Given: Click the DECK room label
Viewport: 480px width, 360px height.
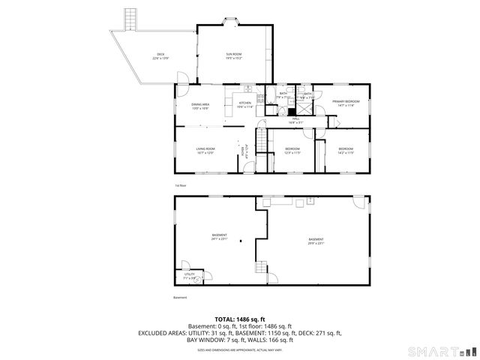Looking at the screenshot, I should coord(160,56).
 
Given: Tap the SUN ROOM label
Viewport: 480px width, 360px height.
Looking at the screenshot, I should coord(235,56).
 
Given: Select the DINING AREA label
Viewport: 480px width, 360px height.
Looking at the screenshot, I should coord(199,106).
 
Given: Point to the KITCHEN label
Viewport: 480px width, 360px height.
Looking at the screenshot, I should coord(245,106).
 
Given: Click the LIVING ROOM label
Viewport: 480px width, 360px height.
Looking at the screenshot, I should coord(205,151).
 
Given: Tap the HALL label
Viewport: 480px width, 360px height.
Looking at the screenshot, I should coord(295,120).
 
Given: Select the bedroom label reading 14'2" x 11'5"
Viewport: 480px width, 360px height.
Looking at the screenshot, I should coord(345,151).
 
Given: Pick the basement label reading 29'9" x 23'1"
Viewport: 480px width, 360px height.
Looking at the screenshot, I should coord(316,241).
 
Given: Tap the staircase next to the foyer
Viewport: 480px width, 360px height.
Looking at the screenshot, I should coord(262,139).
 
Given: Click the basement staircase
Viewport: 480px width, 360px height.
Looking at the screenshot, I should coord(261,268).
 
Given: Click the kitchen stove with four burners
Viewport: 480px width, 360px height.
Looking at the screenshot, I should coord(260,100).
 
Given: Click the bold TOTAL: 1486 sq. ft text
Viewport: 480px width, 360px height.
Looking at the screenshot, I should coord(240,319).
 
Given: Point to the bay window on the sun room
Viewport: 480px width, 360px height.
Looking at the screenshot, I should coord(232,25).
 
